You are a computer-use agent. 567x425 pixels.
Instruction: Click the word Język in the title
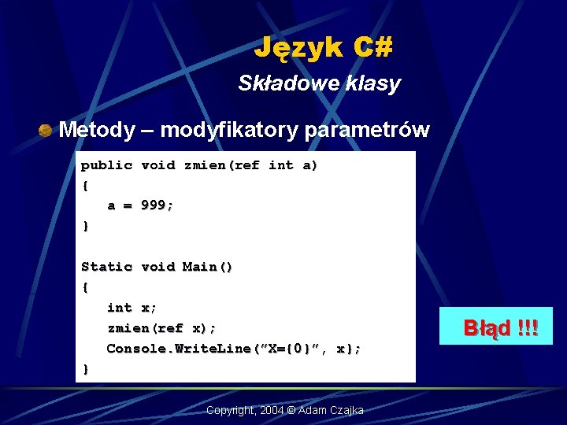[298, 49]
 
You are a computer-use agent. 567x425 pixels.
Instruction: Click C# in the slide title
[372, 49]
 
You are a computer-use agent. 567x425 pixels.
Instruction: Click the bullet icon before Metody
[46, 130]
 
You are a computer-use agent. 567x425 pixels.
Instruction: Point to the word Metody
[97, 130]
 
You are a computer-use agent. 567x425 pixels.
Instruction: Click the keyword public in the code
[106, 165]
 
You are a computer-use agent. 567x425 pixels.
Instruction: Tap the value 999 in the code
[154, 205]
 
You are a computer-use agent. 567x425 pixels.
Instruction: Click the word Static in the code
[106, 267]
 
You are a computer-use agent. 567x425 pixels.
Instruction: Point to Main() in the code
[208, 267]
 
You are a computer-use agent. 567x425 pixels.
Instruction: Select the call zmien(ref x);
[161, 327]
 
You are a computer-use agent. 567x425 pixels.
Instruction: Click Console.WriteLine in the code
[177, 348]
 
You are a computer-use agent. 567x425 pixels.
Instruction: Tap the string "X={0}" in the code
[287, 348]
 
